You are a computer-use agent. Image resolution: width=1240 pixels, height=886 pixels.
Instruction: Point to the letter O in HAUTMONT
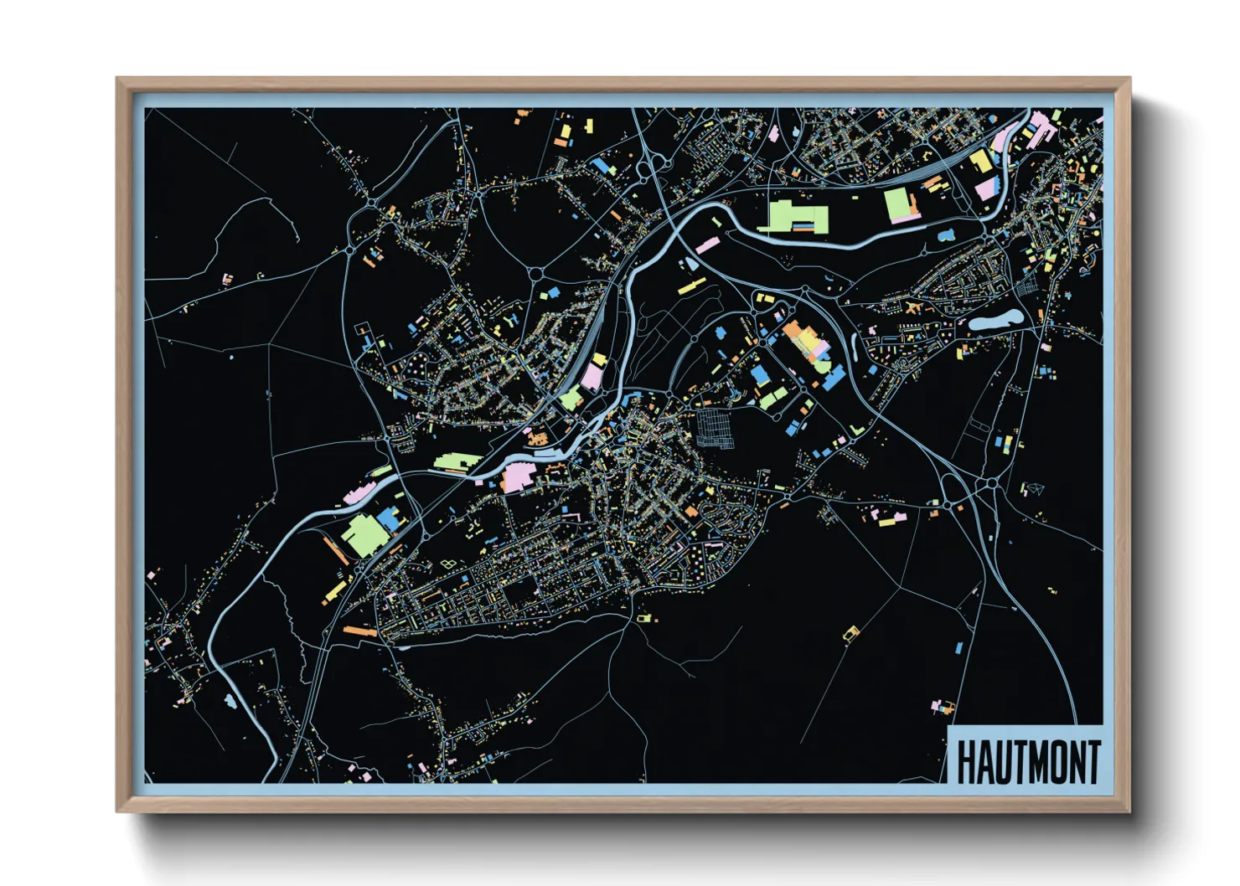(x=1058, y=763)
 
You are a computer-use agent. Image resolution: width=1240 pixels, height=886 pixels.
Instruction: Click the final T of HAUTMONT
(x=1093, y=763)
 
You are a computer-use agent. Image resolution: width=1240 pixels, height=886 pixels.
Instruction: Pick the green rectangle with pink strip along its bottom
(x=899, y=205)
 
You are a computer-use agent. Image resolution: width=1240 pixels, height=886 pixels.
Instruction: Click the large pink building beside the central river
(x=518, y=477)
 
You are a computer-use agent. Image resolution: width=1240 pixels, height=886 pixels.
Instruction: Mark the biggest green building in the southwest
(x=361, y=535)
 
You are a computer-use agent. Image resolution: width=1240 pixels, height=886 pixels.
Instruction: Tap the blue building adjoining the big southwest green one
(x=388, y=519)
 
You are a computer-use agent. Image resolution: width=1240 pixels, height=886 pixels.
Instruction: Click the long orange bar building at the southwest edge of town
(x=359, y=630)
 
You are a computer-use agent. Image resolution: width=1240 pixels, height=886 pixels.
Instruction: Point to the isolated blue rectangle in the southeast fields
(x=960, y=647)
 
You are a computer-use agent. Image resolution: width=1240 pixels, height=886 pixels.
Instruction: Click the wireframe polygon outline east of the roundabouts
(x=1035, y=488)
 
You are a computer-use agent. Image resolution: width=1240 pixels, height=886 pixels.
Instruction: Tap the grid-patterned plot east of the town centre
(x=715, y=427)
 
